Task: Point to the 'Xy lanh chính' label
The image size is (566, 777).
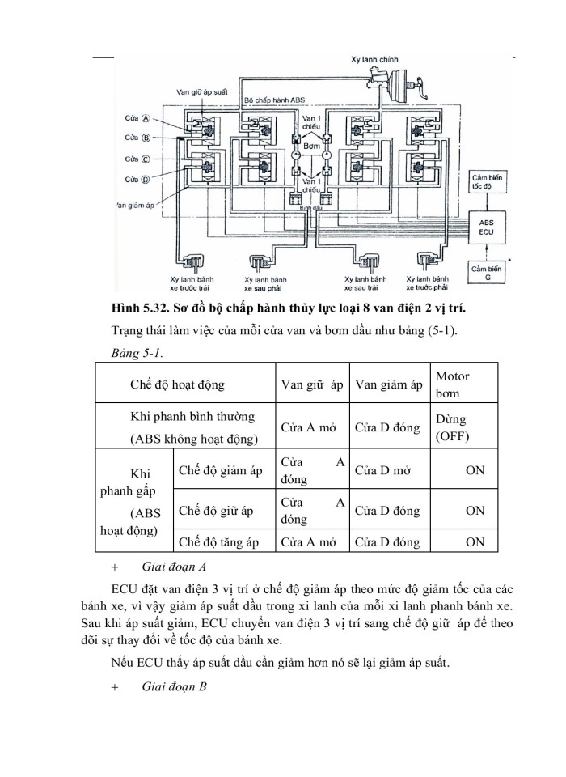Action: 375,59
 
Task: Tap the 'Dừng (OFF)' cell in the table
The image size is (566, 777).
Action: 451,428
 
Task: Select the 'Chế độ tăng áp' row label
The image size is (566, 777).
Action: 219,542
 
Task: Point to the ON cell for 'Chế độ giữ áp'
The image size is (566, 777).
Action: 475,511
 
